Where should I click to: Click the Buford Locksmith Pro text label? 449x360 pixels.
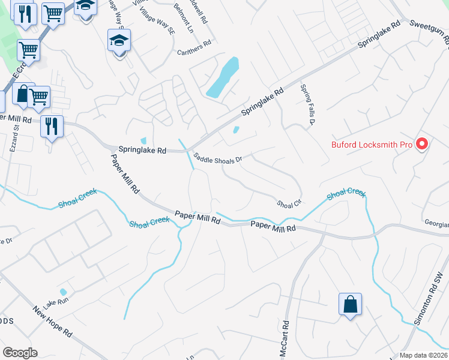[372, 145]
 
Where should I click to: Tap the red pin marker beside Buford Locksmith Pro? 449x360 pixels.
[421, 144]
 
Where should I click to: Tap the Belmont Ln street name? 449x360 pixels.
[184, 18]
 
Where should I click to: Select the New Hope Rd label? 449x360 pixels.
[53, 320]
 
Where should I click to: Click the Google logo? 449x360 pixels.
[19, 353]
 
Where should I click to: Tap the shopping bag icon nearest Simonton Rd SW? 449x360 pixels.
[351, 304]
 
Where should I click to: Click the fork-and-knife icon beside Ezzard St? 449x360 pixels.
[52, 126]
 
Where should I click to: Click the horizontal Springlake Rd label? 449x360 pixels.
[142, 151]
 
